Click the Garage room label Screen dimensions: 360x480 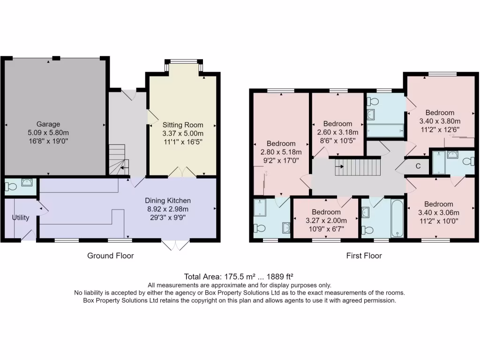pyautogui.click(x=49, y=124)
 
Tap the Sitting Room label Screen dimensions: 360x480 pyautogui.click(x=183, y=125)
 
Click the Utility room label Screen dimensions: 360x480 pyautogui.click(x=21, y=217)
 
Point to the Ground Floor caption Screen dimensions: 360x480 pyautogui.click(x=111, y=255)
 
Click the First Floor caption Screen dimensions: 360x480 pyautogui.click(x=364, y=255)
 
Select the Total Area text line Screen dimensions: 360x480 pyautogui.click(x=240, y=277)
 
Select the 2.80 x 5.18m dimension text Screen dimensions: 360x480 pyautogui.click(x=281, y=152)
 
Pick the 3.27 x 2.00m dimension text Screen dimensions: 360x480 pyautogui.click(x=326, y=220)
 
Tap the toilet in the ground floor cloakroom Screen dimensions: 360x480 pyautogui.click(x=10, y=187)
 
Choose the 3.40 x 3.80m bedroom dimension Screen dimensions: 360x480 pyautogui.click(x=440, y=121)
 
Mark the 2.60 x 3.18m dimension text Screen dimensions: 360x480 pyautogui.click(x=337, y=132)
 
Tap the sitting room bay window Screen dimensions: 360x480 pyautogui.click(x=183, y=61)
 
